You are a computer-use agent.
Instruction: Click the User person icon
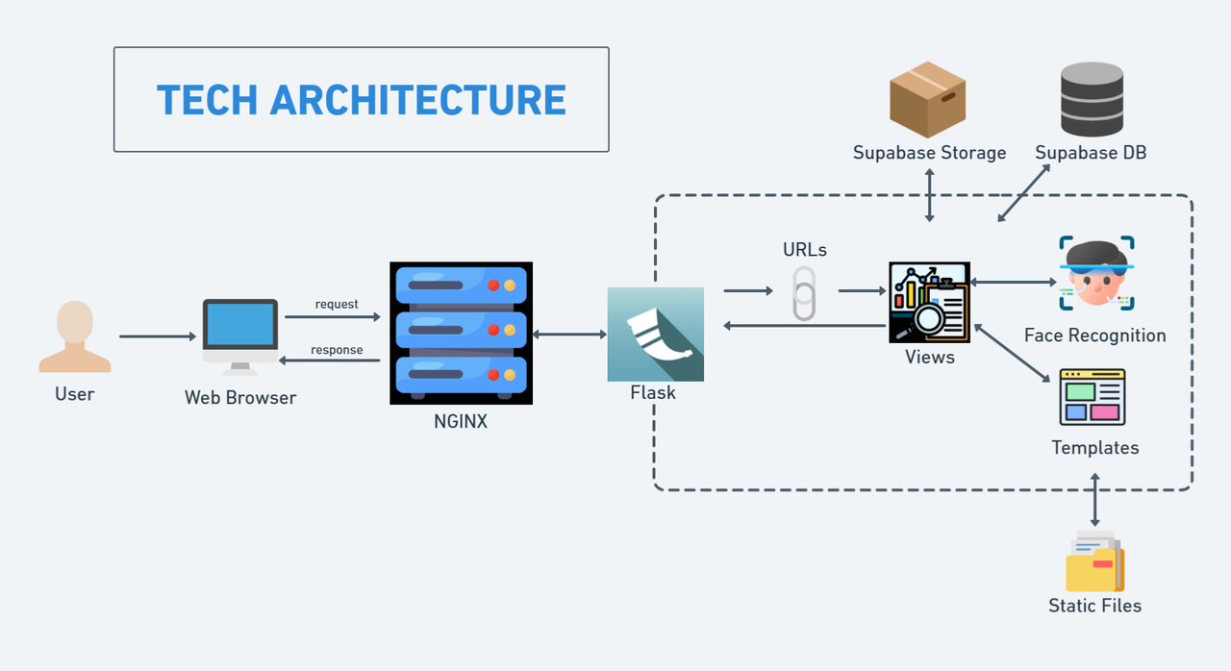click(75, 336)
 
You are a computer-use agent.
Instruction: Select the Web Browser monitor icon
click(239, 335)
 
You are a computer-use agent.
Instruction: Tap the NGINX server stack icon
click(461, 333)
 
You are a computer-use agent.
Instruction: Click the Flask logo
click(655, 333)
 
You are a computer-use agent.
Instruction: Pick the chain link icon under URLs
click(804, 292)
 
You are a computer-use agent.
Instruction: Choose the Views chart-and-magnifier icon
click(929, 302)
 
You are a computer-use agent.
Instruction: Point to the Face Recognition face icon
click(1096, 274)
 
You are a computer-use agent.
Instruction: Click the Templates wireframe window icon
click(1093, 396)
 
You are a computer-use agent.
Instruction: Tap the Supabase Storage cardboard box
click(927, 100)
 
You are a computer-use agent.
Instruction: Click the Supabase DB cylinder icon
click(1092, 99)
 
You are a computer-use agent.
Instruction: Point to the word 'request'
click(337, 305)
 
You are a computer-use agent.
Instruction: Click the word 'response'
click(337, 350)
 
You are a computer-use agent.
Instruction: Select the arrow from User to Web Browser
click(156, 336)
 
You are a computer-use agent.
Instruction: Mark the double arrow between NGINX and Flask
click(569, 335)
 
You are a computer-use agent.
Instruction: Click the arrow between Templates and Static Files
click(1094, 498)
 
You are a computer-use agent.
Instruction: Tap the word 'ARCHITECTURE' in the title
click(417, 100)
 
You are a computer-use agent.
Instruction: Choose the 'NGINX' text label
click(461, 420)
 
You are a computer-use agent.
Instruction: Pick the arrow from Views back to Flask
click(804, 326)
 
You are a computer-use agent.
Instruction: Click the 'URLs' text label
click(805, 250)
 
